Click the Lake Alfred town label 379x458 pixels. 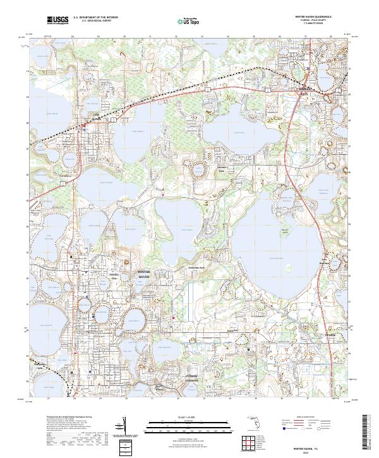pyautogui.click(x=79, y=116)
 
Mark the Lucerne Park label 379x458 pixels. pyautogui.click(x=221, y=171)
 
